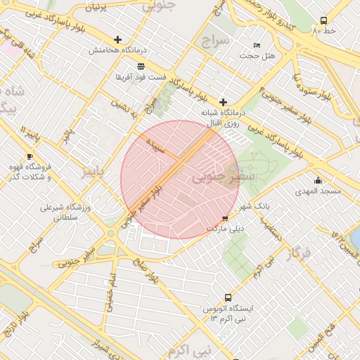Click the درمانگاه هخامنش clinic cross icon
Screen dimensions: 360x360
coord(117,40)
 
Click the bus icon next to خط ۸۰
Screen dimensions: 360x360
coord(323,20)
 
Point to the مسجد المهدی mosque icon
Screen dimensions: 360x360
coord(319,180)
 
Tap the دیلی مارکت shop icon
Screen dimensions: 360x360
coord(225,219)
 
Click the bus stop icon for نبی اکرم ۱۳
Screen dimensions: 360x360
coord(227,298)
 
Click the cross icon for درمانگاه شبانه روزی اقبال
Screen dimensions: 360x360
coord(224,102)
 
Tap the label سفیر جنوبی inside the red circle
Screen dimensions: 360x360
coord(218,178)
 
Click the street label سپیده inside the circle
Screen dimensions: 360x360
coord(155,147)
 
